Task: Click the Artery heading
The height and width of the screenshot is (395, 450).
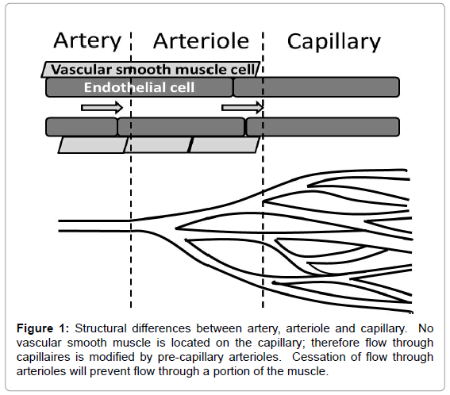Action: click(x=87, y=42)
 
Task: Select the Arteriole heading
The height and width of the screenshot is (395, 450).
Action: click(x=201, y=41)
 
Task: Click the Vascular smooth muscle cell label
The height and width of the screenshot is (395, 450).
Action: click(x=152, y=70)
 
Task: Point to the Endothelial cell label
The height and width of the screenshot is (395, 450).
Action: click(x=139, y=87)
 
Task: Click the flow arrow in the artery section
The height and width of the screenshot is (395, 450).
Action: click(x=102, y=108)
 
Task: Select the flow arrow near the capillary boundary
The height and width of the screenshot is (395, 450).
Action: click(x=243, y=108)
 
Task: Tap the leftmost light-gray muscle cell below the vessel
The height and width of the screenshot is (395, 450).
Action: click(x=92, y=144)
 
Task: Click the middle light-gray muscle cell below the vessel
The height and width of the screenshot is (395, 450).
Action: click(x=157, y=144)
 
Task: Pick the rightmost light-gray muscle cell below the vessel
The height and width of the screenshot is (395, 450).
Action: click(x=225, y=144)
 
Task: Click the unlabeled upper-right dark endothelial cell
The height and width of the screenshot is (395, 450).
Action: click(x=316, y=87)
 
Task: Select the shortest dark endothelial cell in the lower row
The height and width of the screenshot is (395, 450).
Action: click(x=82, y=126)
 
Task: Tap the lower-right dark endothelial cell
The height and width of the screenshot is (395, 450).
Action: click(x=323, y=126)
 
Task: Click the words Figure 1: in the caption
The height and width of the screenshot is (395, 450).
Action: click(x=43, y=328)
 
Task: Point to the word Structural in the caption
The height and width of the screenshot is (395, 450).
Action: click(x=101, y=328)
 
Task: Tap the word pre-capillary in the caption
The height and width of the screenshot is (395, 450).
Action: click(x=190, y=358)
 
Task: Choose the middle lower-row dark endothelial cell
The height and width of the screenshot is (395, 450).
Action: click(x=182, y=126)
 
